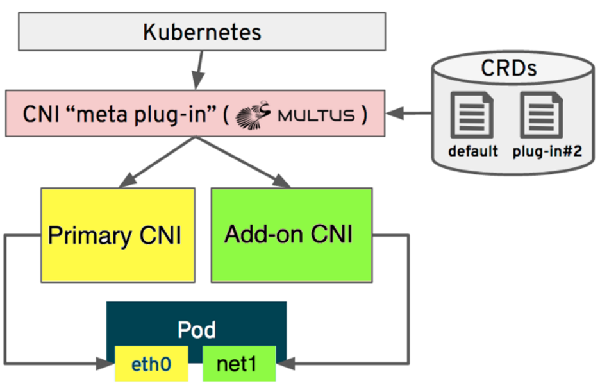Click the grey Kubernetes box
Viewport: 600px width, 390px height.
[x=202, y=32]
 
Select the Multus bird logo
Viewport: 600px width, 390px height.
[x=254, y=115]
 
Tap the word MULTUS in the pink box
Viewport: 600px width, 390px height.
[x=315, y=115]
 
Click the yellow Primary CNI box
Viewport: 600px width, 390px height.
[x=117, y=235]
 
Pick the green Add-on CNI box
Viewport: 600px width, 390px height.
[x=292, y=235]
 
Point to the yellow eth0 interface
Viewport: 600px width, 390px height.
[x=151, y=364]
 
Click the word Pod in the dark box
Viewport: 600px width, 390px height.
[x=196, y=330]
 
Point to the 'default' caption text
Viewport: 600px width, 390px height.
[x=473, y=152]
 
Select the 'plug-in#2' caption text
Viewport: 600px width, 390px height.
[x=547, y=152]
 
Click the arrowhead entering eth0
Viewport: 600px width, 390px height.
[x=106, y=364]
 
